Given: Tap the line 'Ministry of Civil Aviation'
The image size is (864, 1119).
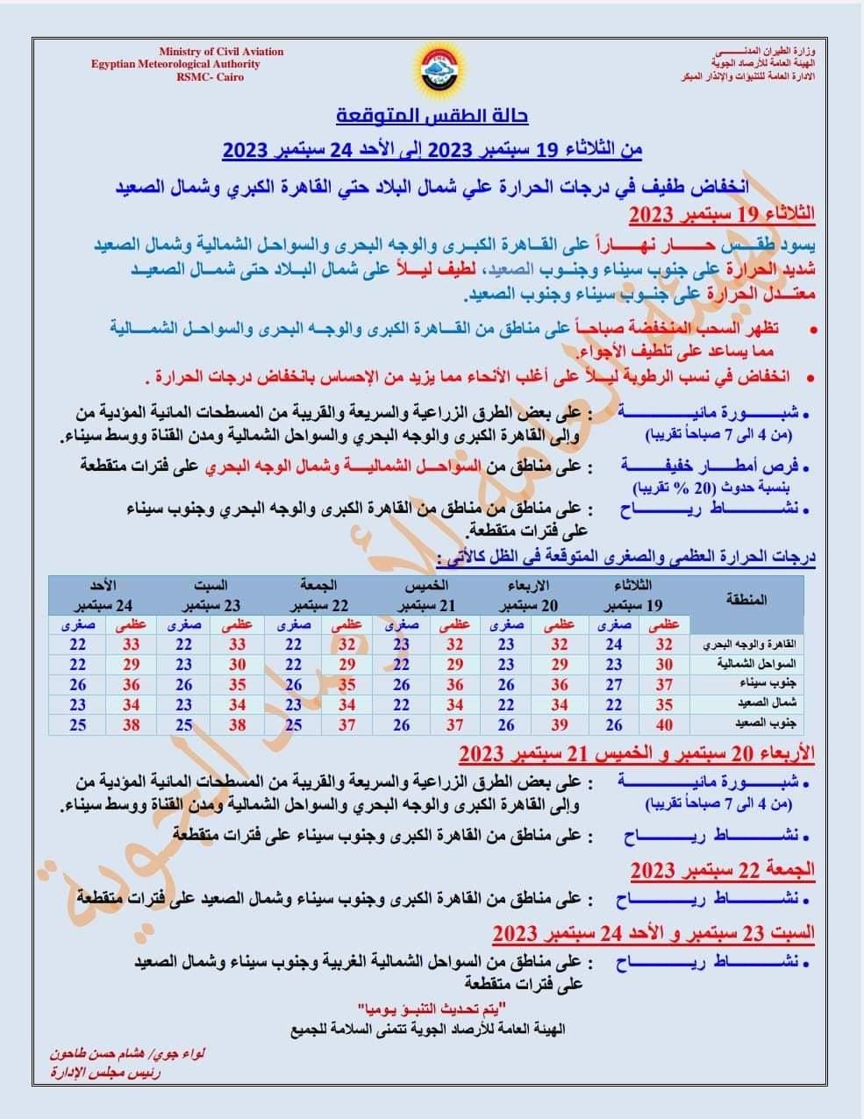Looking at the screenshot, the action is [221, 52].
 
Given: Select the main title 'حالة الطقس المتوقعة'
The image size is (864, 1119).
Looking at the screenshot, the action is [432, 117].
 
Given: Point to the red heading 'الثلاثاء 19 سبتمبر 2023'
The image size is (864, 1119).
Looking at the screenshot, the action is [723, 214].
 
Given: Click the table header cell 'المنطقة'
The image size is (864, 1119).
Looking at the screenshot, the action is [746, 600].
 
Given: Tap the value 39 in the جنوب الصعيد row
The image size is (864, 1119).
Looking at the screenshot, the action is [559, 724].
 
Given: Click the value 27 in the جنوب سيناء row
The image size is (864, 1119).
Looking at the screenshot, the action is [614, 685].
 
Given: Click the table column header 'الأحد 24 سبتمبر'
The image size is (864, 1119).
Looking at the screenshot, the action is [103, 595].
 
